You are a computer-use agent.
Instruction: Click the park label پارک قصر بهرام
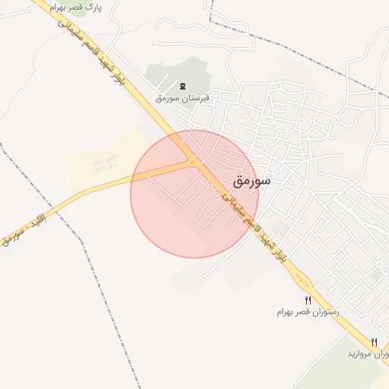pos(74,7)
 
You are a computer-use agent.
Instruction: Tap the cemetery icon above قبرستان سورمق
pos(182,85)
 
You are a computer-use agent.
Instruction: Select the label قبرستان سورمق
pos(182,98)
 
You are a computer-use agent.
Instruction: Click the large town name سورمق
pos(251,182)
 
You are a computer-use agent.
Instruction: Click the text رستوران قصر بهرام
pos(308,312)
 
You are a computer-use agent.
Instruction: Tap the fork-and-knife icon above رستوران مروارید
pos(374,342)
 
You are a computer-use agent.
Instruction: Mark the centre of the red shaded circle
pos(194,194)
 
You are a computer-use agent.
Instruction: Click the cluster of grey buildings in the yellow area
pos(105,163)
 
